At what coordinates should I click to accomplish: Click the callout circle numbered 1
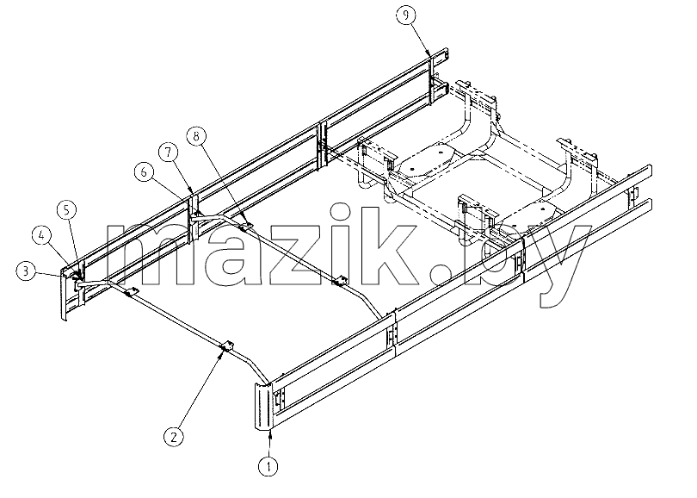tap(268, 466)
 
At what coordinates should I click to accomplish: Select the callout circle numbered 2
tap(173, 436)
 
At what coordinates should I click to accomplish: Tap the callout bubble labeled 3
tap(26, 271)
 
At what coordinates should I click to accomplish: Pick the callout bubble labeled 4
tap(42, 235)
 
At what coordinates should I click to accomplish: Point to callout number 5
tap(66, 210)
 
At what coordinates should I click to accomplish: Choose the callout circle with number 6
tap(144, 171)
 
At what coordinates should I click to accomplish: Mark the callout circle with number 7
tap(168, 153)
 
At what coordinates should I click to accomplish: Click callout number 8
tap(196, 135)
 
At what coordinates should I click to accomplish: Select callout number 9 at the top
tap(406, 16)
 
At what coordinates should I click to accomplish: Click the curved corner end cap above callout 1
tap(263, 406)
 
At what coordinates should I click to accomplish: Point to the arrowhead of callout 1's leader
tap(269, 434)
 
